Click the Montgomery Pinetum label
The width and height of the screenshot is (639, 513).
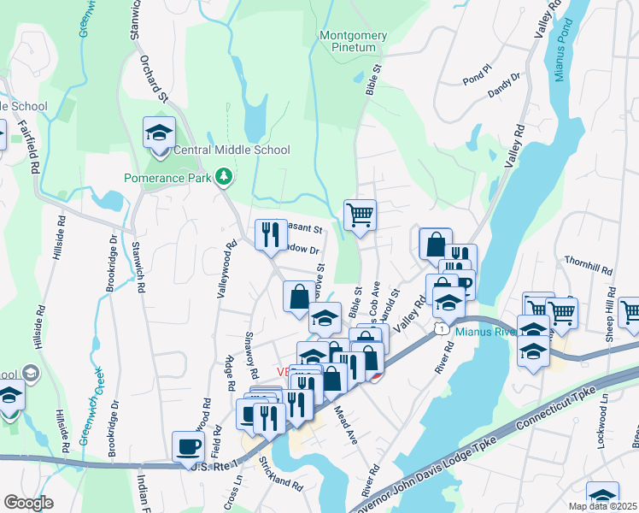[353, 42]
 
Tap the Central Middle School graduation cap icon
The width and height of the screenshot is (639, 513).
[159, 133]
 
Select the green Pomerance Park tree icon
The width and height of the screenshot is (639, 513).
[224, 176]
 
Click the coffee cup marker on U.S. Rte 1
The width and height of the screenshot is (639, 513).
[188, 445]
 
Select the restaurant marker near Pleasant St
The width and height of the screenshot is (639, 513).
[271, 233]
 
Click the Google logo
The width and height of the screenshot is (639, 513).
[28, 503]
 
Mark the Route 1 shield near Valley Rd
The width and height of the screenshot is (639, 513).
[438, 329]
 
